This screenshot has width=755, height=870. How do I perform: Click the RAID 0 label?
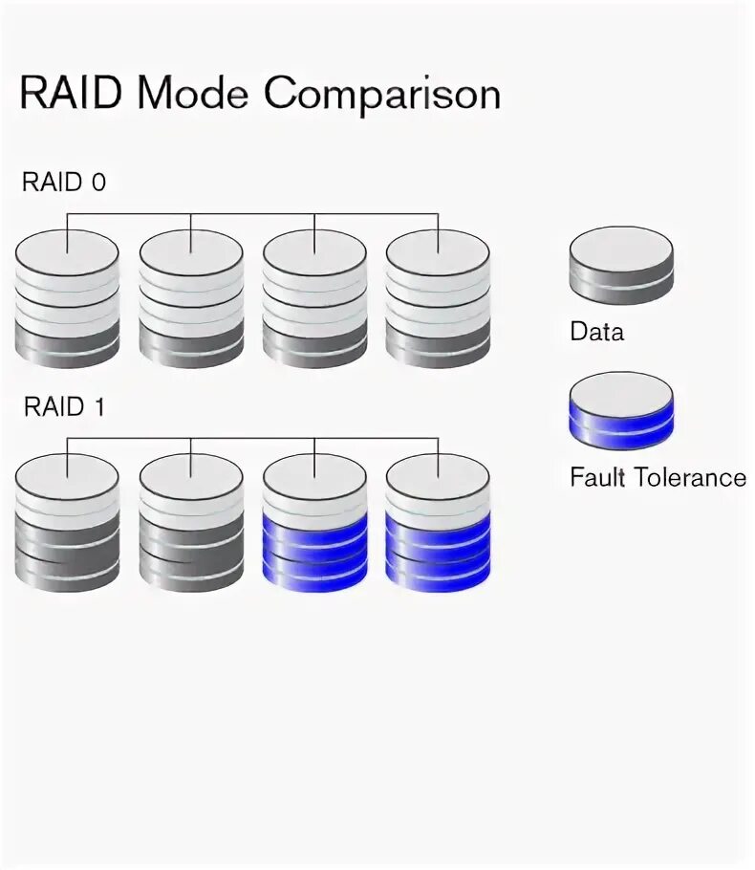point(64,184)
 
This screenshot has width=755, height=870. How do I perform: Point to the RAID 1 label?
point(64,407)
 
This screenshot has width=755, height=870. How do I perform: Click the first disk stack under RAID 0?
point(67,298)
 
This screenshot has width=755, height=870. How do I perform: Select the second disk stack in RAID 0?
point(191,298)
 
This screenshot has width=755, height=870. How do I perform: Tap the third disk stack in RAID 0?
point(314,298)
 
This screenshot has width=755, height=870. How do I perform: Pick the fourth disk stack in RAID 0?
point(438,298)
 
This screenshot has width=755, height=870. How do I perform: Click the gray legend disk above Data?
point(621,265)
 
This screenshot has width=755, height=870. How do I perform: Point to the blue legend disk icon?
point(621,410)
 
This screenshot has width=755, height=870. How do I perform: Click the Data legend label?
point(596,333)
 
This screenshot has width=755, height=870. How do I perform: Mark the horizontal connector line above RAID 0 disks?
point(252,214)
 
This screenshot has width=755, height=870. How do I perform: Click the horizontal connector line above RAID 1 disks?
point(252,439)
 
